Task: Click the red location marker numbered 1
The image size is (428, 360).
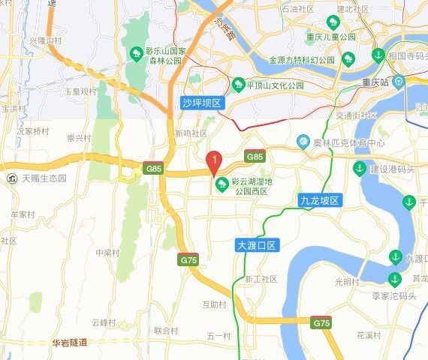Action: pyautogui.click(x=214, y=160)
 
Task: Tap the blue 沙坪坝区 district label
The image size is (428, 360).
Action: pyautogui.click(x=202, y=101)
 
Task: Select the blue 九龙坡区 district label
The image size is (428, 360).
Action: pyautogui.click(x=320, y=200)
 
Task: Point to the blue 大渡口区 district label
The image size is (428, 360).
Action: pyautogui.click(x=256, y=245)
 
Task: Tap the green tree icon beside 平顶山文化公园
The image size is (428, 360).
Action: pyautogui.click(x=239, y=85)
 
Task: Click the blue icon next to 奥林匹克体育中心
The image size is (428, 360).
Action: pyautogui.click(x=303, y=141)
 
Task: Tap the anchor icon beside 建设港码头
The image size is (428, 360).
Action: pyautogui.click(x=360, y=167)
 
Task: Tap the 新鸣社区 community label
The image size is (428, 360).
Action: pyautogui.click(x=191, y=133)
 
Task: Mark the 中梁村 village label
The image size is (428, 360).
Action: pyautogui.click(x=108, y=252)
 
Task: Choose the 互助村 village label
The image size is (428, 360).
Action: pyautogui.click(x=214, y=304)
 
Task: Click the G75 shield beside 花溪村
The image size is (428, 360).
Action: pyautogui.click(x=321, y=322)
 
